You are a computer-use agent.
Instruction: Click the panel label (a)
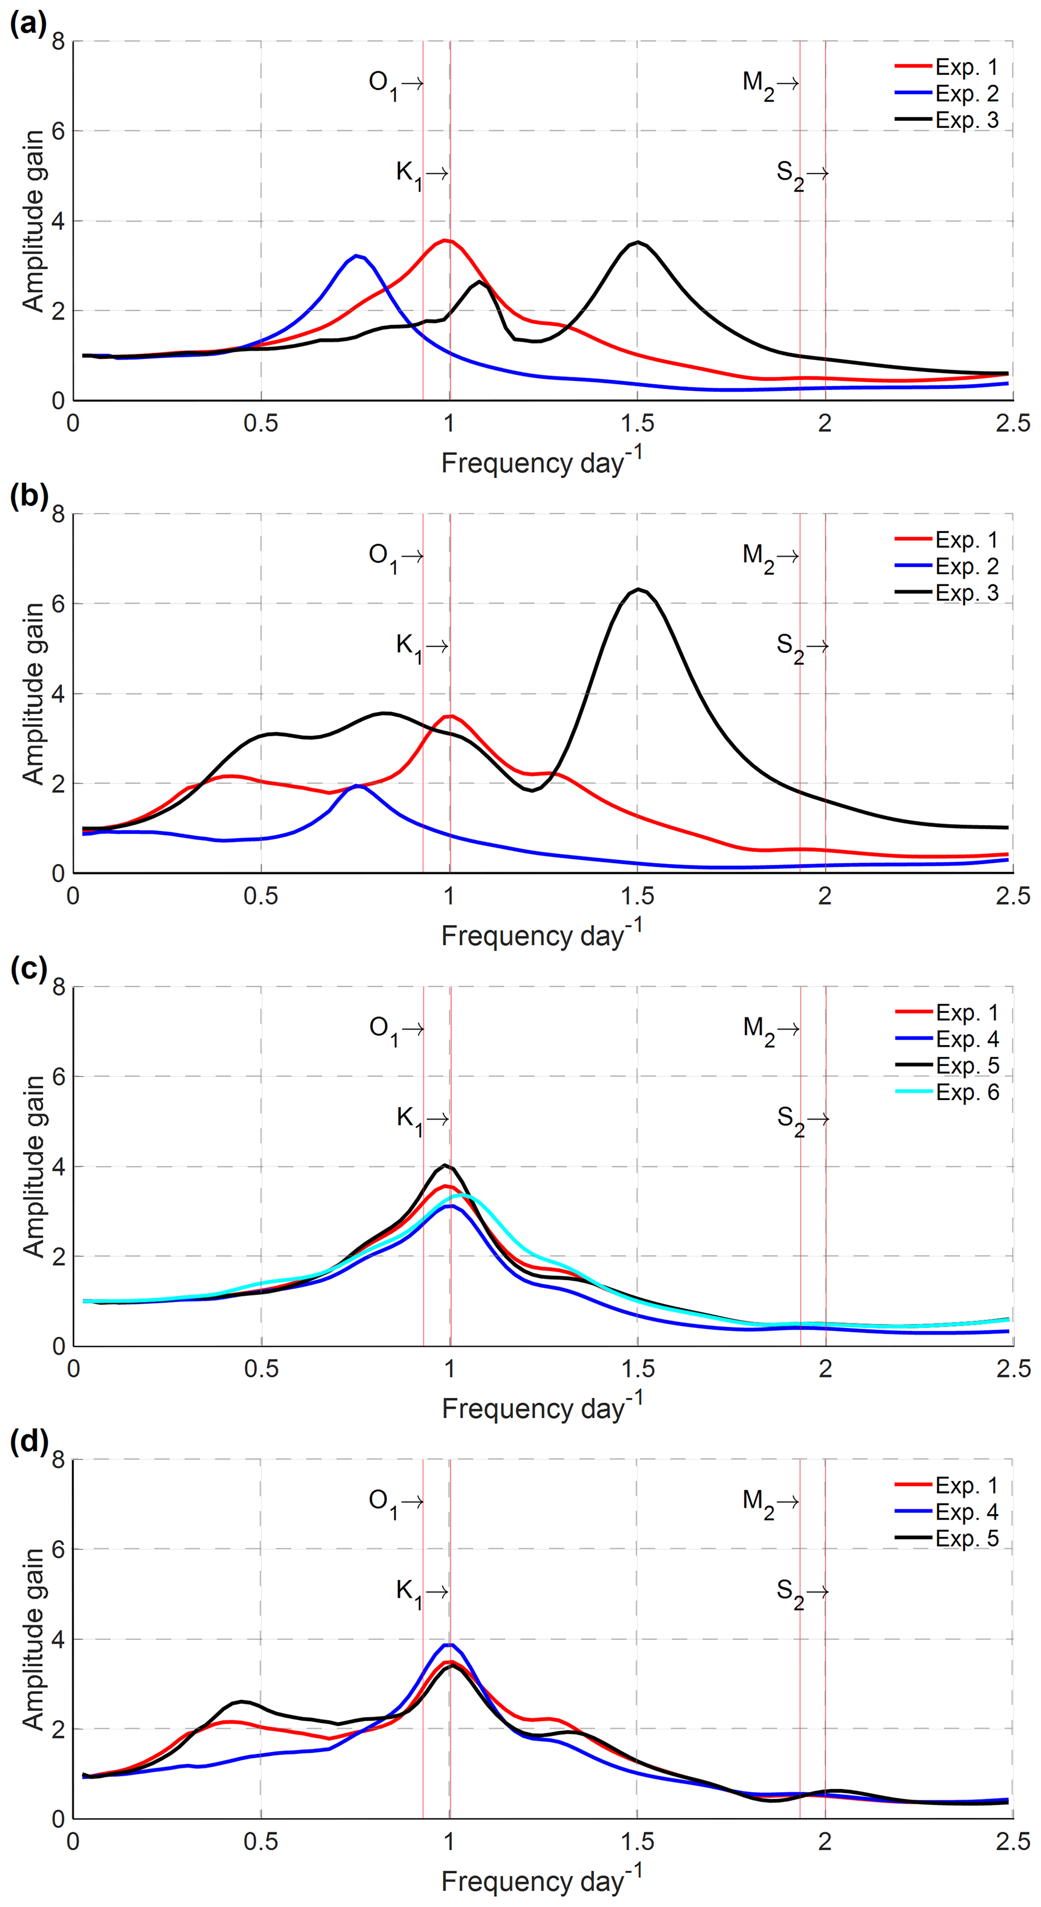point(27,25)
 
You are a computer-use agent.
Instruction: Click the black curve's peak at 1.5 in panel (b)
point(638,589)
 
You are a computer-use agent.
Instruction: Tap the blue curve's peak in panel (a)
point(357,256)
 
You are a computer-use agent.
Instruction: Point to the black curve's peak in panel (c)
point(445,1165)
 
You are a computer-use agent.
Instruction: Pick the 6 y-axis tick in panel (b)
point(58,604)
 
